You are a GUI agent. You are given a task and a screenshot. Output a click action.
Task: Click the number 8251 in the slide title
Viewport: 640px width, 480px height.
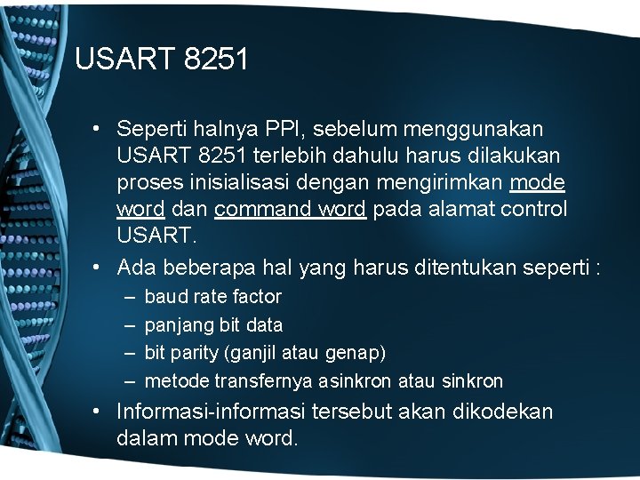(217, 60)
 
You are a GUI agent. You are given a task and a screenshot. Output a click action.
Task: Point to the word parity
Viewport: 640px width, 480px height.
(194, 354)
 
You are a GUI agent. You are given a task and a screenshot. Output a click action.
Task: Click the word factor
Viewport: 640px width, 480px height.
(257, 297)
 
